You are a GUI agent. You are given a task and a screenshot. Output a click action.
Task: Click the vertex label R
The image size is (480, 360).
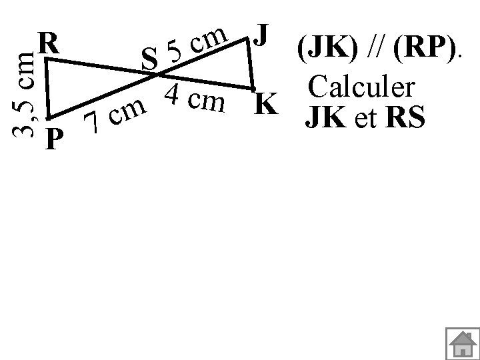coord(49,44)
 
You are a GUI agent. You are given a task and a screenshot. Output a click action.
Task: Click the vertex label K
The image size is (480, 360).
coord(266,105)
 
